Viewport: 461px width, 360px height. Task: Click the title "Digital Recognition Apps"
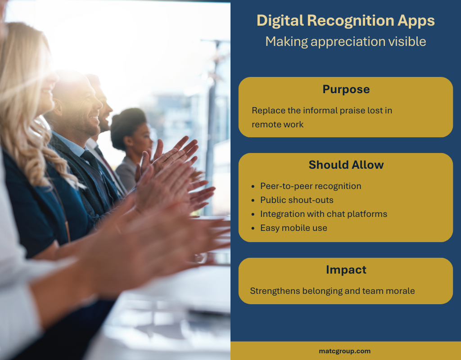point(345,21)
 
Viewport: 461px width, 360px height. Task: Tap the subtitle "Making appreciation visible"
point(345,41)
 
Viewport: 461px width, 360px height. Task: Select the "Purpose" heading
point(346,90)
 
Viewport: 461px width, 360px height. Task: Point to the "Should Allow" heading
point(346,165)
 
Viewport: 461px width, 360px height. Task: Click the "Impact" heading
point(346,270)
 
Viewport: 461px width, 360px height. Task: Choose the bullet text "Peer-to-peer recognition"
point(311,186)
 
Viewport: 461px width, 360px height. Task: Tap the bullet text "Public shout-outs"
point(297,200)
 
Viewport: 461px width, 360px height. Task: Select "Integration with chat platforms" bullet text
point(324,214)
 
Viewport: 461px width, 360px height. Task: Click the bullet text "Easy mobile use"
point(294,228)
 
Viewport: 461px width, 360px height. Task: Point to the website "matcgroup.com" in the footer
point(345,351)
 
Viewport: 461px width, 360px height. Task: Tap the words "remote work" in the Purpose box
point(277,125)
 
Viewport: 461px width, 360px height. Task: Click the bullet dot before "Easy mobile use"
point(253,228)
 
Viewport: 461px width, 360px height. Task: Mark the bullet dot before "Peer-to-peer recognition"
point(253,186)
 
